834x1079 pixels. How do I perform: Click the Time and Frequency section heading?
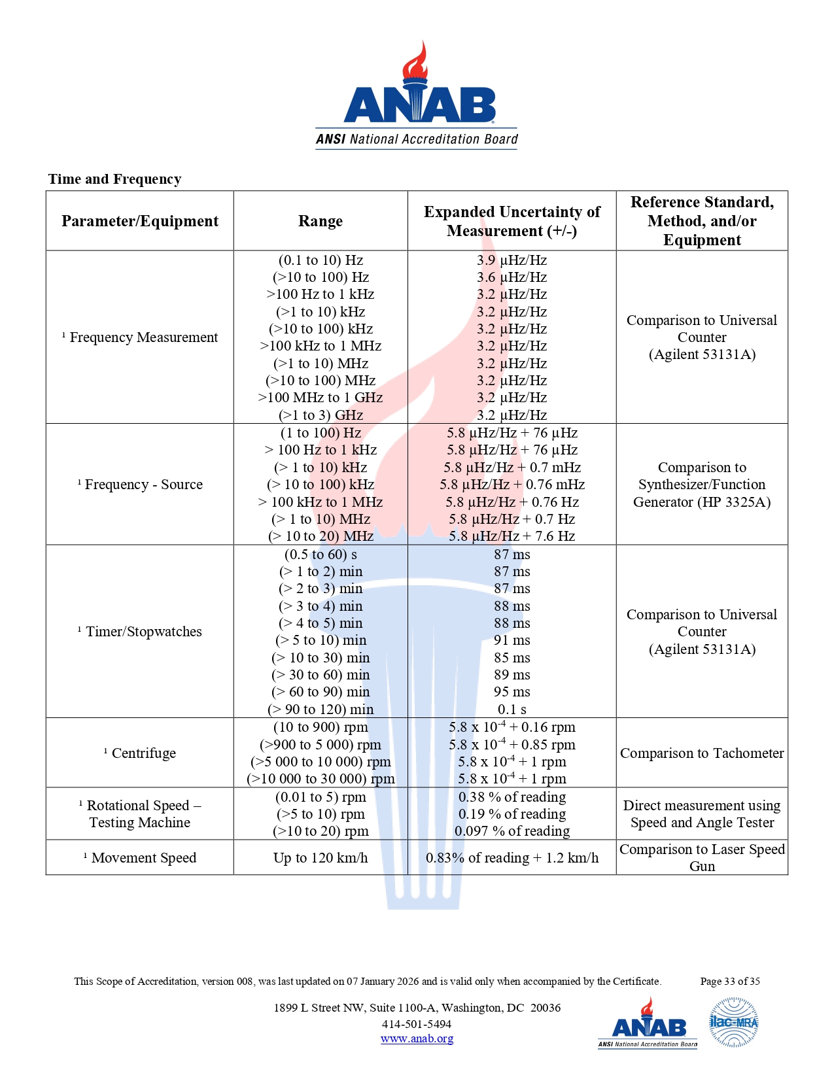(x=114, y=179)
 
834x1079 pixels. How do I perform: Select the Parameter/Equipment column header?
(x=140, y=221)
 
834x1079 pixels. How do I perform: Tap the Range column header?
(x=321, y=221)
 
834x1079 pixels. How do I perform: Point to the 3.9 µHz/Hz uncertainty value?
(x=512, y=260)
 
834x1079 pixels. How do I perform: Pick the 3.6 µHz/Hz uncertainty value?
(x=512, y=277)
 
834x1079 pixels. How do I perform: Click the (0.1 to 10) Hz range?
(x=321, y=260)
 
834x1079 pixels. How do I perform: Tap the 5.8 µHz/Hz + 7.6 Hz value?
(x=512, y=536)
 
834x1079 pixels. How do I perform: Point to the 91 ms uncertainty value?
(x=512, y=640)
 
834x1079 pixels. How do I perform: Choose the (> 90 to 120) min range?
(x=321, y=710)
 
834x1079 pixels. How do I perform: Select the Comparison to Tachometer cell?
(x=702, y=753)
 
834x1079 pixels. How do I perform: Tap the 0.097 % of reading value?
(x=512, y=831)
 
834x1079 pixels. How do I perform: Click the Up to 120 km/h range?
(x=321, y=858)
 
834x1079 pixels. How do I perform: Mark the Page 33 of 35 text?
(x=730, y=982)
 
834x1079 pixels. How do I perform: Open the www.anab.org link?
(x=417, y=1038)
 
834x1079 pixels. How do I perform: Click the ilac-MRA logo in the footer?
(x=734, y=1022)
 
